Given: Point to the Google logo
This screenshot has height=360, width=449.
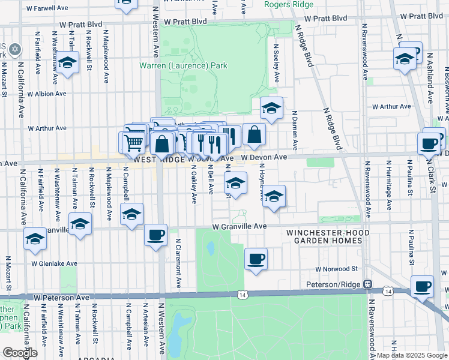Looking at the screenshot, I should tap(20, 353).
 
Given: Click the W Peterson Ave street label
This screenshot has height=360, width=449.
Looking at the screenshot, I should tap(62, 297).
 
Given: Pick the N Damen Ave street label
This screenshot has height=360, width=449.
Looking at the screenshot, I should tap(295, 130).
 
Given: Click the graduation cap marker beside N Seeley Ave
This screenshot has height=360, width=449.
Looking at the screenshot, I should tap(271, 109).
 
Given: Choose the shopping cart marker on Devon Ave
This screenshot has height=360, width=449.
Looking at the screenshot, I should tap(134, 143).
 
